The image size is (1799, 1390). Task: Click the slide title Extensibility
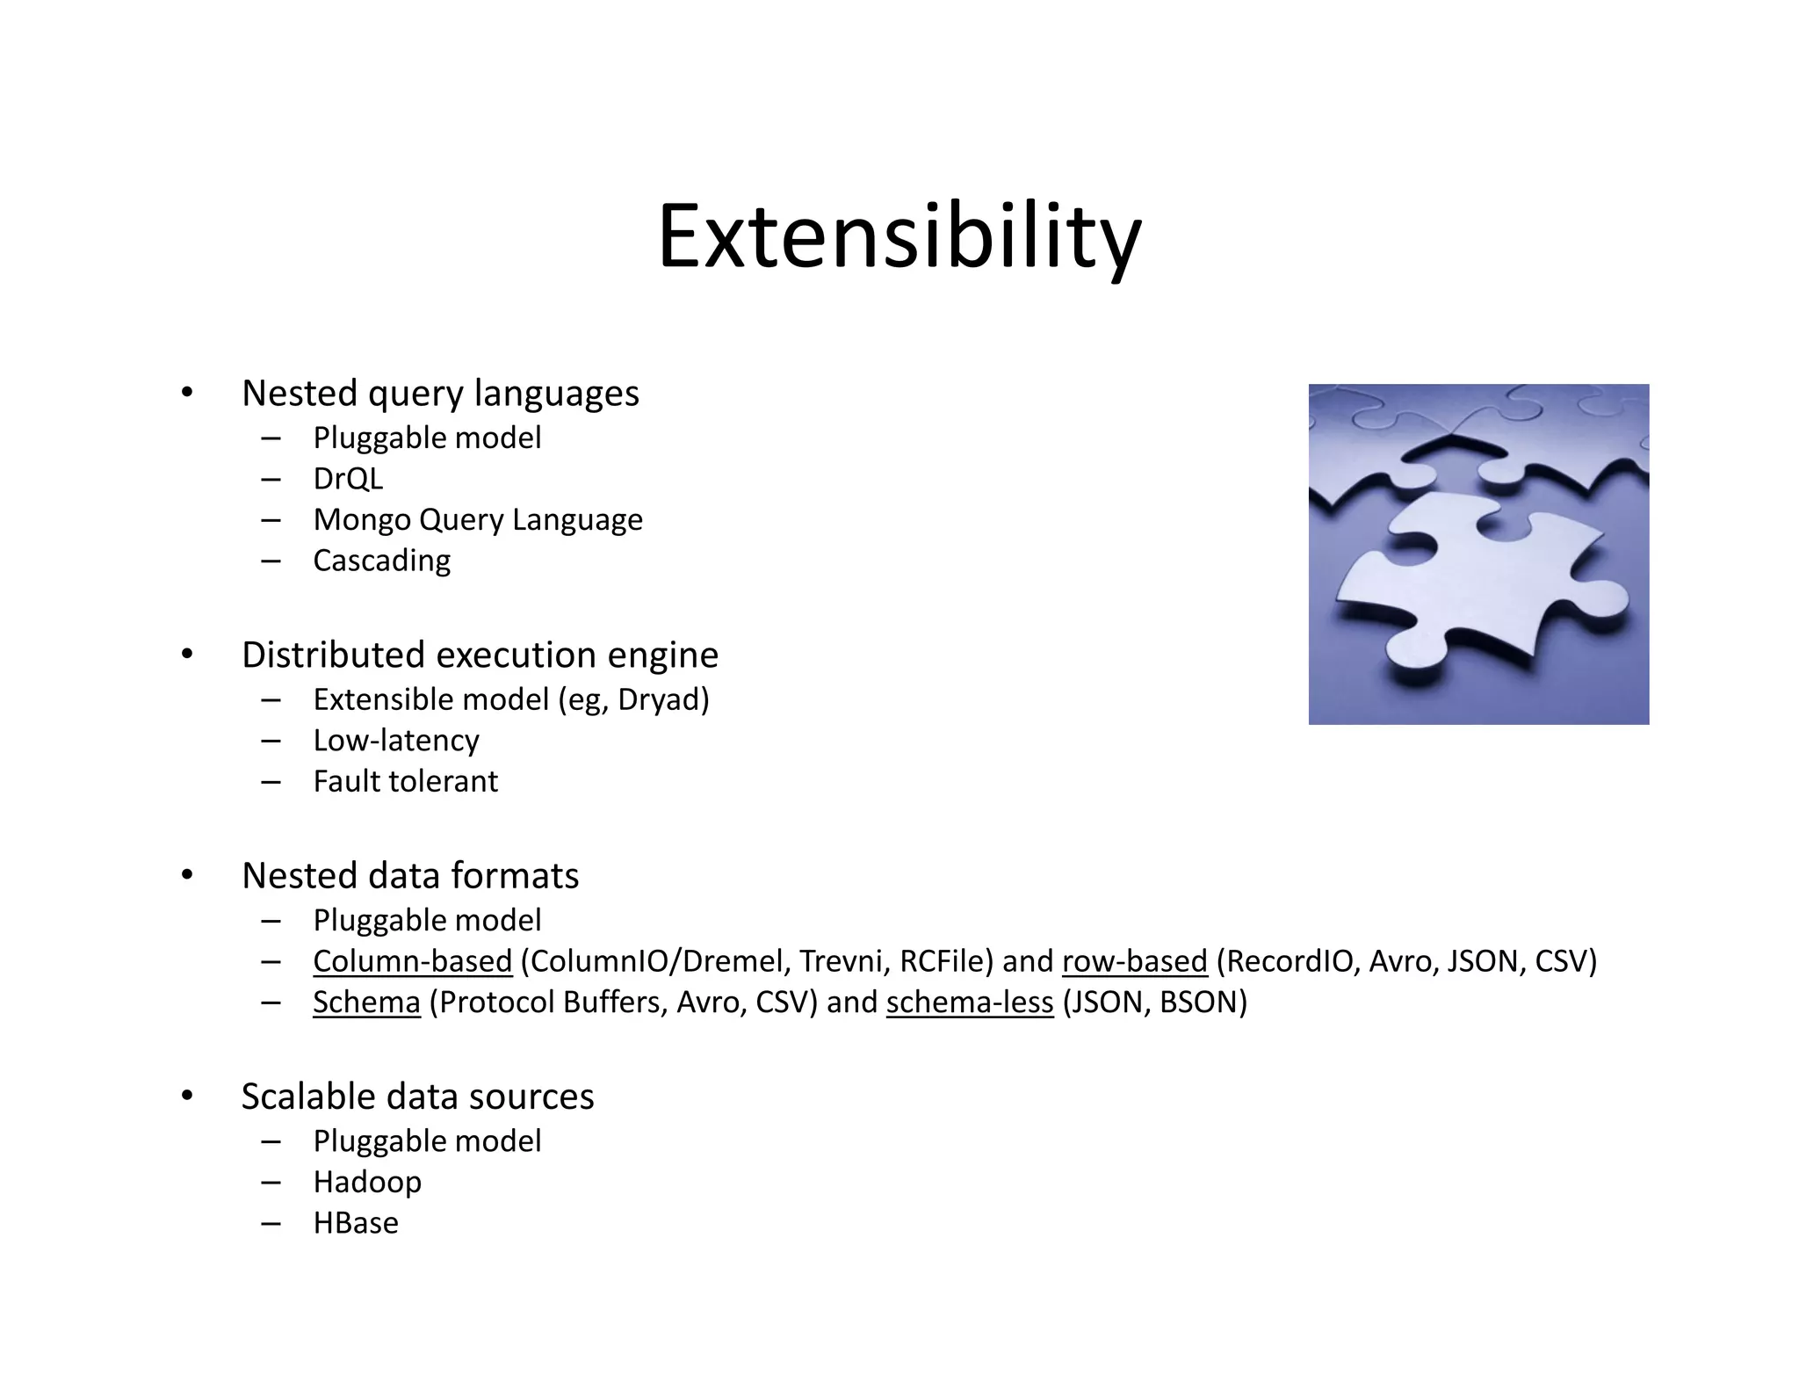(899, 237)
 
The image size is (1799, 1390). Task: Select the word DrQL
(348, 479)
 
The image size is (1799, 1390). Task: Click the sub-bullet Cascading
(381, 561)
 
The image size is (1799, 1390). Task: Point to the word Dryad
(661, 699)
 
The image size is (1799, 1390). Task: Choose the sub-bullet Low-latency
(396, 741)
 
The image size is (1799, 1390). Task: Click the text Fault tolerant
(405, 781)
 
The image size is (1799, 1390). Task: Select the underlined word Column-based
(412, 961)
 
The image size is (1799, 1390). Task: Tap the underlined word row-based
(1134, 961)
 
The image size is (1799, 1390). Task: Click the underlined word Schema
(366, 1003)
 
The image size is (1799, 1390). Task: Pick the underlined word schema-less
(969, 1003)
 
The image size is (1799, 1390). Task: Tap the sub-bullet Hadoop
(367, 1182)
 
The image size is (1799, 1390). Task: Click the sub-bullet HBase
(356, 1223)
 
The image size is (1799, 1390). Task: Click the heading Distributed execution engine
(480, 655)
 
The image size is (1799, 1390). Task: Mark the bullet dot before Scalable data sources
(186, 1097)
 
